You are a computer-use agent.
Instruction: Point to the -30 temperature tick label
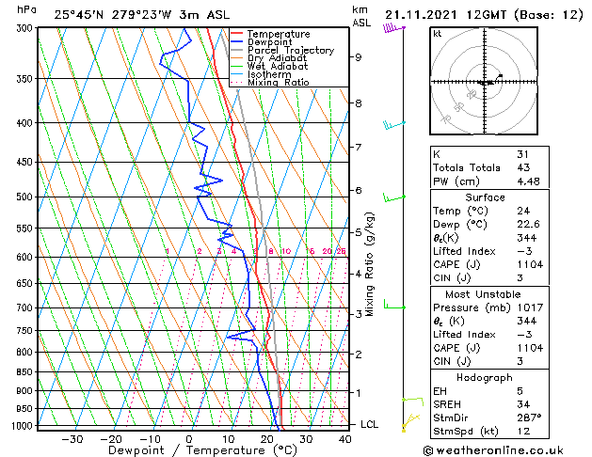coord(72,439)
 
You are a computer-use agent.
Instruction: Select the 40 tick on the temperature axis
coord(344,439)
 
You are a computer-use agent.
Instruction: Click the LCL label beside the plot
coord(370,425)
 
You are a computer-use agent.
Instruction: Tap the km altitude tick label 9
coord(358,57)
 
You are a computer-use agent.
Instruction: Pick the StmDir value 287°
coord(529,418)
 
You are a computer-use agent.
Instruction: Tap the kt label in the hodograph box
coord(437,33)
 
